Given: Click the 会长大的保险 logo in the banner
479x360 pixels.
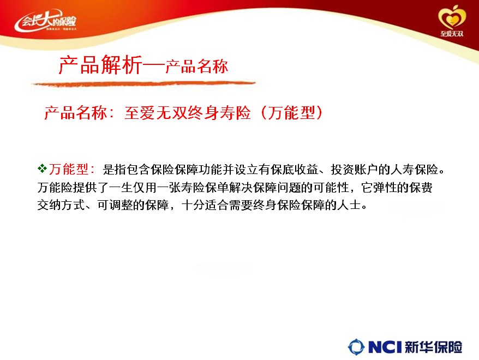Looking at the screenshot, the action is pyautogui.click(x=45, y=21).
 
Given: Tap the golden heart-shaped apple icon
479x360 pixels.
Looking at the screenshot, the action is pyautogui.click(x=452, y=17).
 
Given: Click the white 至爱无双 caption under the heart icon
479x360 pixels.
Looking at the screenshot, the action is pyautogui.click(x=452, y=34).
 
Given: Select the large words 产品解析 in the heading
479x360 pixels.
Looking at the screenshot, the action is pyautogui.click(x=101, y=65).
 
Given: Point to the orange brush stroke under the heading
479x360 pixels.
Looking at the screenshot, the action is pyautogui.click(x=143, y=83).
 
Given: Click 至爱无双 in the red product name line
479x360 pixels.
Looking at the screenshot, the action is pyautogui.click(x=156, y=113).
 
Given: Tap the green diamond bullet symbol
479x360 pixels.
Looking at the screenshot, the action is pyautogui.click(x=42, y=168).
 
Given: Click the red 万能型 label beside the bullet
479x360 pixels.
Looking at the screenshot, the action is pyautogui.click(x=69, y=169).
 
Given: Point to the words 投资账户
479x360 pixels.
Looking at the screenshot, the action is pyautogui.click(x=355, y=170).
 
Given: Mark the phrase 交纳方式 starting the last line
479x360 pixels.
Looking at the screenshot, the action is pyautogui.click(x=61, y=205).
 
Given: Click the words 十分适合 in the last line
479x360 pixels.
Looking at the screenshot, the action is pyautogui.click(x=205, y=205).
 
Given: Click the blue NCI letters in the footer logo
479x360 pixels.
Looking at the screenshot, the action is pyautogui.click(x=385, y=347).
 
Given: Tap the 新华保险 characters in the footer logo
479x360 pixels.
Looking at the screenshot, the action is pyautogui.click(x=434, y=347).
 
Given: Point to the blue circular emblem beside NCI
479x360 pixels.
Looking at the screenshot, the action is pyautogui.click(x=356, y=347).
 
